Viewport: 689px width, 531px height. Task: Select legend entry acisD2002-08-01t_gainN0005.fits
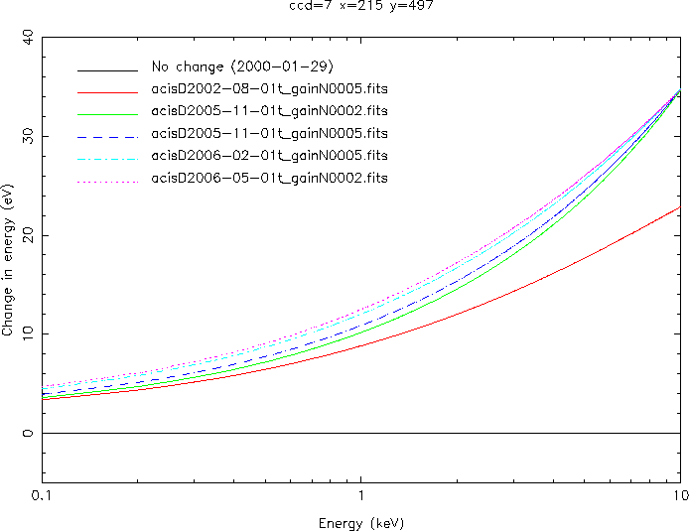tap(269, 89)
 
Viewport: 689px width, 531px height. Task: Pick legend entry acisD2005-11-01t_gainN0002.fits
tap(269, 111)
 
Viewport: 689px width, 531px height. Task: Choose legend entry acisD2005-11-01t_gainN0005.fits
tap(269, 133)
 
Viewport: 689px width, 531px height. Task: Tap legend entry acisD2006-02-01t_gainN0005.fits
tap(269, 156)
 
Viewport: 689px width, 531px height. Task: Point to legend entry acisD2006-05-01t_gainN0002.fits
tap(269, 178)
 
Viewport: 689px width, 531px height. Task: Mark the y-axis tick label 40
tap(26, 38)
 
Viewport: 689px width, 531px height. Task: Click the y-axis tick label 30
tap(26, 137)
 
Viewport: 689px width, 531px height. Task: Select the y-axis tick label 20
tap(26, 235)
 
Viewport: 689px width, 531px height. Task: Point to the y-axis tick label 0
tap(30, 434)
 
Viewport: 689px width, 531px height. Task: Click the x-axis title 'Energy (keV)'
tap(360, 522)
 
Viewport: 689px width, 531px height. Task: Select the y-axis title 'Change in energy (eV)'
tap(8, 260)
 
